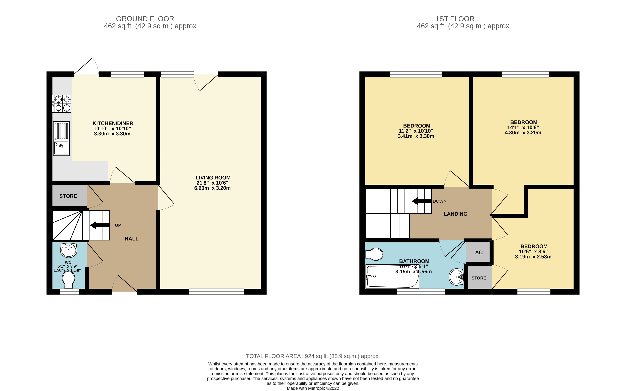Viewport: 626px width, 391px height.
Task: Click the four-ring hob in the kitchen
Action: click(62, 104)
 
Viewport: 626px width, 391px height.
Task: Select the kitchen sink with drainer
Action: click(61, 139)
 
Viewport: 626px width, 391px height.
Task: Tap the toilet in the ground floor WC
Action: click(69, 280)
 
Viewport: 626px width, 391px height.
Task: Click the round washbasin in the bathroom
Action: click(456, 277)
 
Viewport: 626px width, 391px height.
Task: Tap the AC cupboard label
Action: click(479, 253)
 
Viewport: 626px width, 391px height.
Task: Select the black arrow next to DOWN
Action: click(421, 201)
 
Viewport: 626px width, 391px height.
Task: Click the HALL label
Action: click(131, 239)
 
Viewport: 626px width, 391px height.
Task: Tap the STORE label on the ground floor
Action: click(68, 196)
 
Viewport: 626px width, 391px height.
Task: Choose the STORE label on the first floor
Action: click(479, 278)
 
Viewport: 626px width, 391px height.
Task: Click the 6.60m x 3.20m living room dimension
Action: click(212, 188)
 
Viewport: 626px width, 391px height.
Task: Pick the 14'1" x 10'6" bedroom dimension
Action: click(523, 128)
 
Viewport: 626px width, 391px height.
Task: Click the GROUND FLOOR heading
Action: click(145, 19)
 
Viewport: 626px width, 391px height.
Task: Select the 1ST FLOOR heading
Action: click(455, 19)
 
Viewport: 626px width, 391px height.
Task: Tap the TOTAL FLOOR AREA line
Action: click(313, 356)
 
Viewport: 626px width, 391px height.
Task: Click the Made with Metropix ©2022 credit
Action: click(313, 388)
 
